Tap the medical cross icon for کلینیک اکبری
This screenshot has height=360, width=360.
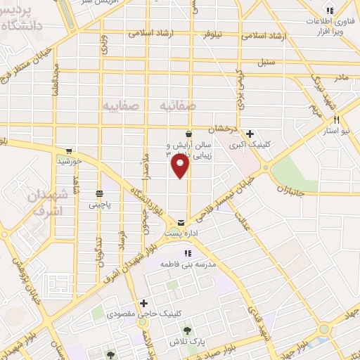tap(251, 133)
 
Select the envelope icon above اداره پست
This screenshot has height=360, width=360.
tap(182, 221)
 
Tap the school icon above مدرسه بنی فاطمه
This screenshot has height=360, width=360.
tap(187, 254)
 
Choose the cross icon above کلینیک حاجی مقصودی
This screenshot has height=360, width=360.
tap(144, 304)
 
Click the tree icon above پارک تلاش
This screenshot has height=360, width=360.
tap(188, 329)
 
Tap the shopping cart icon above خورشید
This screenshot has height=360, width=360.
tap(69, 151)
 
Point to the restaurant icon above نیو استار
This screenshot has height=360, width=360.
tap(337, 120)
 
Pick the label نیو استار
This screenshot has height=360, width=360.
tap(337, 130)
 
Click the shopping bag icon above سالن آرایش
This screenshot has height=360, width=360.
tap(188, 134)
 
